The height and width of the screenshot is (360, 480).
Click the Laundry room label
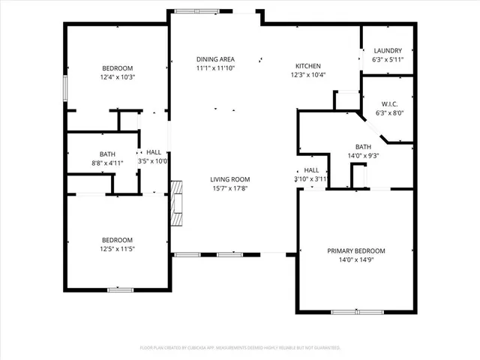pos(388,50)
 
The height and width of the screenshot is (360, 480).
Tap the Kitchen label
pos(307,66)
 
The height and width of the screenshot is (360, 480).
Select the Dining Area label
pos(215,59)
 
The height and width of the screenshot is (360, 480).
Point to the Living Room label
pos(229,179)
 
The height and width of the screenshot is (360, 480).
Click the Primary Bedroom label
pos(355,250)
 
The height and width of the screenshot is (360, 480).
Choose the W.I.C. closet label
pos(388,104)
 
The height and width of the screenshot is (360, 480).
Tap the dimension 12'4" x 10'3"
pos(117,76)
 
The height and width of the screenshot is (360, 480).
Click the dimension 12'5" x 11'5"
pos(117,248)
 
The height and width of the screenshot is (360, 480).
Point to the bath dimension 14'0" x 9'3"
pos(363,156)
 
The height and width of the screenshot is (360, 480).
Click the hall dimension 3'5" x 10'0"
pos(153,161)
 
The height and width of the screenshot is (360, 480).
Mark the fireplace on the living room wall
pos(177,202)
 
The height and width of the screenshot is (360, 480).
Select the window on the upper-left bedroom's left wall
pos(65,86)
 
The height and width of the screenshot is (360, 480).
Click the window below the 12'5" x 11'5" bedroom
pos(121,289)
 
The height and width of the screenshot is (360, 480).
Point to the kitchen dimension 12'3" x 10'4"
pos(307,75)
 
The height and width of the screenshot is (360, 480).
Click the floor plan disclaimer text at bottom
pos(240,348)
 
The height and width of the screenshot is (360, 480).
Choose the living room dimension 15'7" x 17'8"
pos(229,188)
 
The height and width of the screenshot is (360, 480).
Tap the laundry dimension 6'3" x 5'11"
pos(388,59)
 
